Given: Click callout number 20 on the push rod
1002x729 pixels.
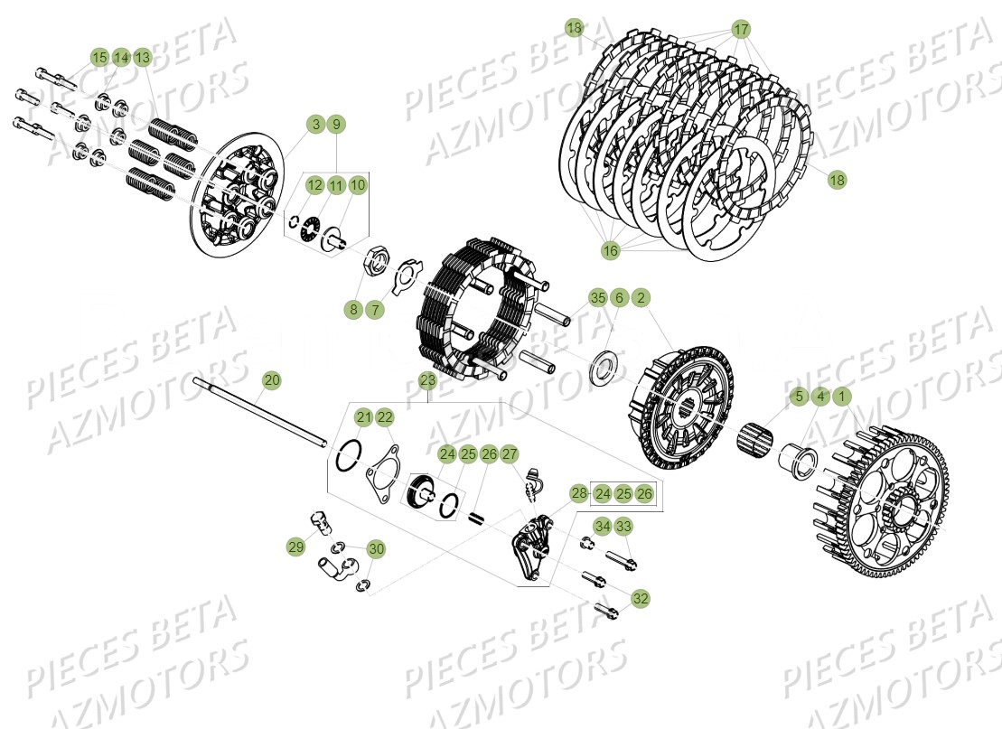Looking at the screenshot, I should click(x=272, y=381).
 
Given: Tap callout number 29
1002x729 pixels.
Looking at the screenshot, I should click(x=296, y=547).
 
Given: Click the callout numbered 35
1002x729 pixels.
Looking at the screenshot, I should click(x=597, y=298).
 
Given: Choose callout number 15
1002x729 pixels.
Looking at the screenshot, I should click(x=99, y=58).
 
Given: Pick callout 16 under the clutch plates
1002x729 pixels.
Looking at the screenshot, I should click(x=611, y=250).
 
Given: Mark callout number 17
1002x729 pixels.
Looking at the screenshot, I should click(x=741, y=29).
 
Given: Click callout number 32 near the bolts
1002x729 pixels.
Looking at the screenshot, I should click(x=641, y=598).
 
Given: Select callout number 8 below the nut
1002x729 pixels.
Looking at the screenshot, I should click(x=353, y=310).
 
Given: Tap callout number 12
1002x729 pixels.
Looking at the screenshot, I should click(x=314, y=185).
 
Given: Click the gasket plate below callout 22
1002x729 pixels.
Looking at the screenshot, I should click(x=384, y=472).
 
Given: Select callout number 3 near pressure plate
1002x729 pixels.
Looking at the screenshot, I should click(x=314, y=125).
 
